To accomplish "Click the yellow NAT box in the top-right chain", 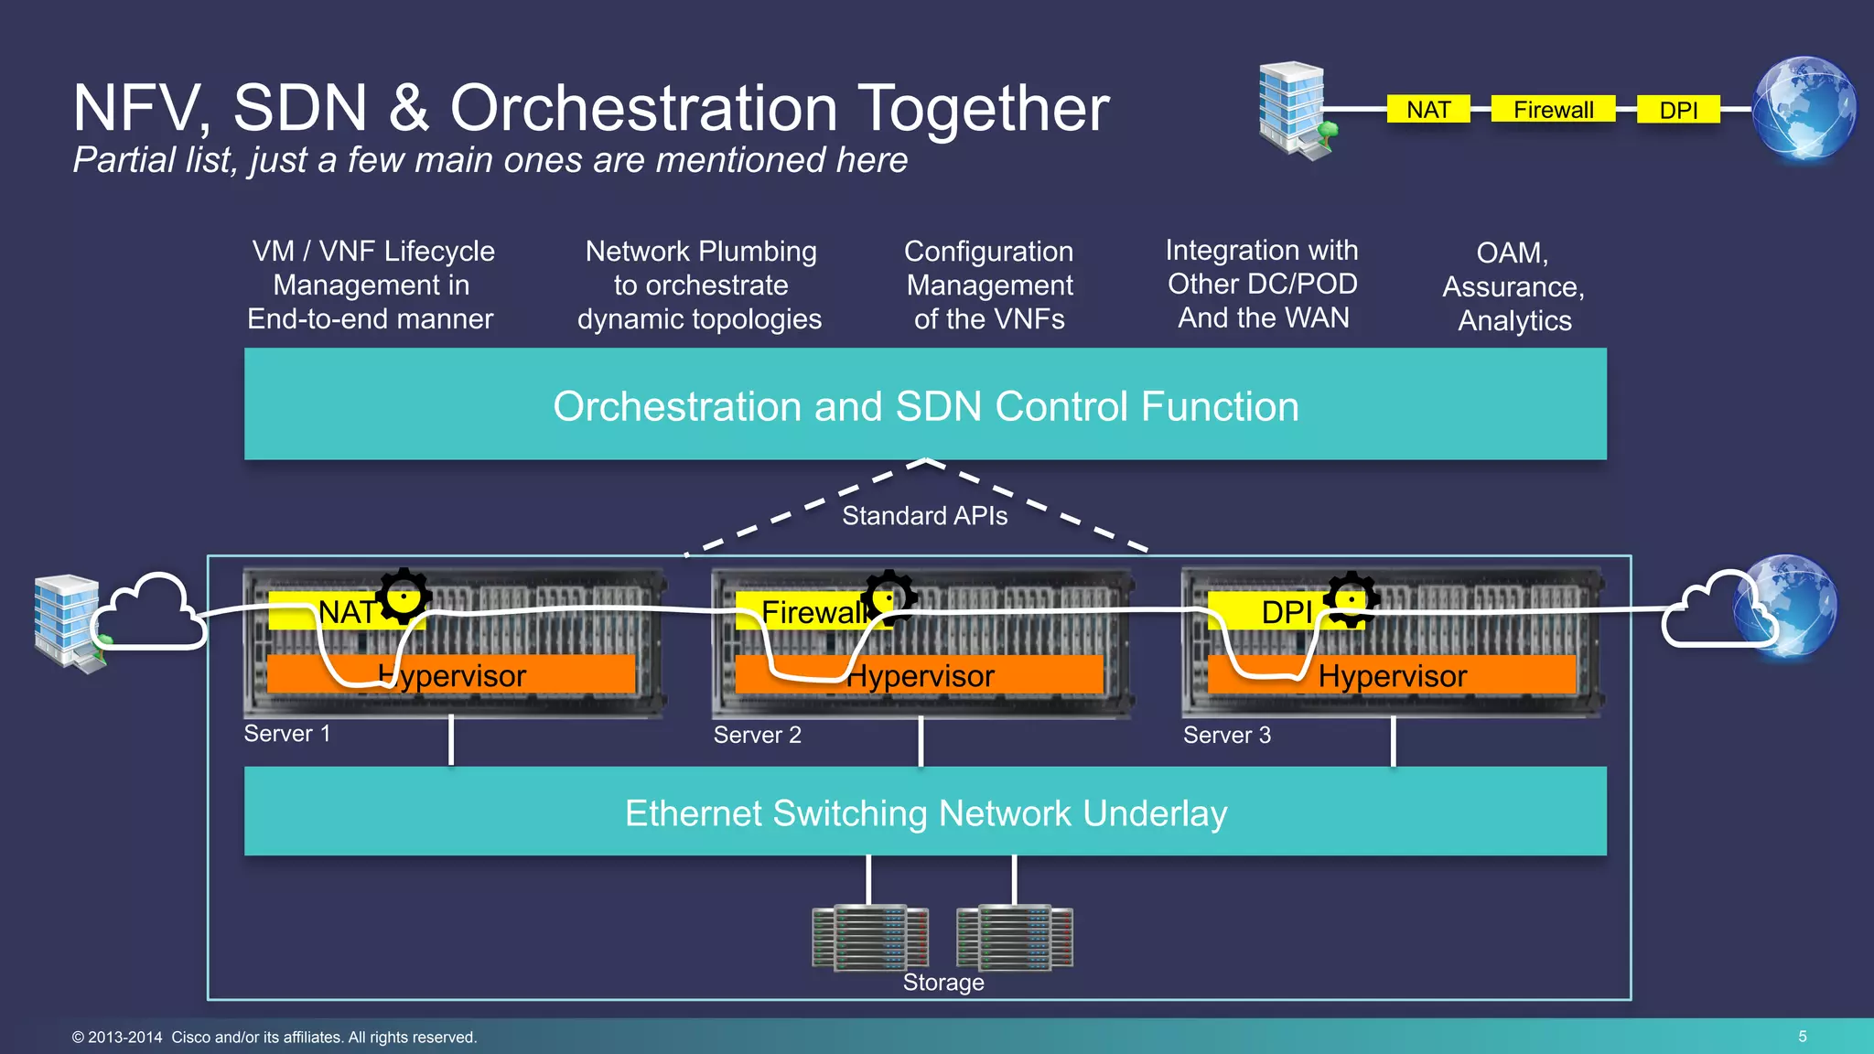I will tap(1428, 110).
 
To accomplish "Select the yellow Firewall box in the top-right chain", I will tap(1553, 110).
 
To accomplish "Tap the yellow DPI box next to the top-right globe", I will tap(1678, 110).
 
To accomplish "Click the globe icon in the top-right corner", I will tap(1804, 109).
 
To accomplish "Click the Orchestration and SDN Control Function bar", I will tap(925, 405).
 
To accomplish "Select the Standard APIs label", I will tap(924, 516).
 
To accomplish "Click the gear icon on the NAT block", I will tap(404, 596).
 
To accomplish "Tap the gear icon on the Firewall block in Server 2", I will tap(889, 597).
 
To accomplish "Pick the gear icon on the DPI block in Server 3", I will tap(1352, 599).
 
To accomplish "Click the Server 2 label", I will tap(757, 735).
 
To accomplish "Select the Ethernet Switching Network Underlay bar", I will tap(925, 812).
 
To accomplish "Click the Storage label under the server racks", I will tap(942, 983).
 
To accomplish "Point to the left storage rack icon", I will tap(869, 937).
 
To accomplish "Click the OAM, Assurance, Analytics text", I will tap(1513, 286).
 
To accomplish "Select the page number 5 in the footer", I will tap(1802, 1037).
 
